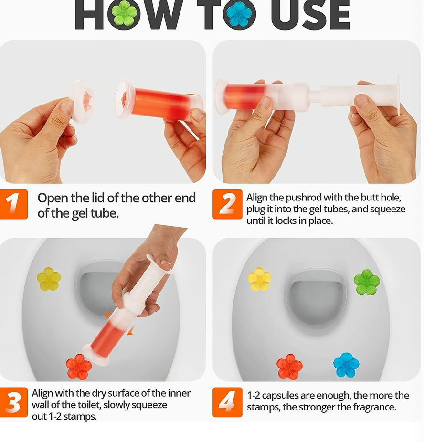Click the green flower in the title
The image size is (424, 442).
[x=124, y=14]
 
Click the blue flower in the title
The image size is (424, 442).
[x=239, y=14]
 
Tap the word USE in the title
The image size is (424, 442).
[x=310, y=15]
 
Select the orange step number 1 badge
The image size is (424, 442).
[x=13, y=204]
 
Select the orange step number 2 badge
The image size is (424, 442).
[x=227, y=204]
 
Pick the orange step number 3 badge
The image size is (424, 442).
[x=13, y=402]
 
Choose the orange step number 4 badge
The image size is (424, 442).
[x=227, y=402]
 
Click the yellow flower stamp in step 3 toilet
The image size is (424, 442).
[x=49, y=279]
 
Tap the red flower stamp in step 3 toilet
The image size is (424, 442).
[x=79, y=367]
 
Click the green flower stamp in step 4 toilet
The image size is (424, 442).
[x=367, y=282]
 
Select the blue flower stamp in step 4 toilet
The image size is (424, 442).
[x=346, y=365]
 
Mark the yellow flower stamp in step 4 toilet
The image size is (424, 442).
[x=260, y=279]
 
